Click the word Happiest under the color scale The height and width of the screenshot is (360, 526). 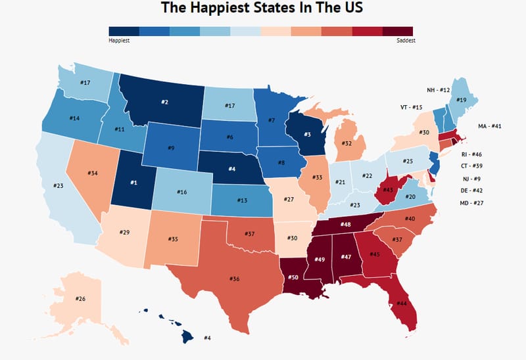click(x=119, y=40)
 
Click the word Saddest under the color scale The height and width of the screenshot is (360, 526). click(x=406, y=40)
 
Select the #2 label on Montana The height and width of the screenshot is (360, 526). click(x=164, y=102)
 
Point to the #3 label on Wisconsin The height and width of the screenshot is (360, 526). click(x=306, y=135)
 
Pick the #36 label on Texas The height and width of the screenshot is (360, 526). click(x=235, y=279)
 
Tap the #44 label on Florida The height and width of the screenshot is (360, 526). click(x=401, y=304)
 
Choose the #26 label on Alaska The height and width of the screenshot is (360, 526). click(x=80, y=299)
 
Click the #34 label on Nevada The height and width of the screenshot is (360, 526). click(x=93, y=174)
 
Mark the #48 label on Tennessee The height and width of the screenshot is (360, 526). click(x=345, y=225)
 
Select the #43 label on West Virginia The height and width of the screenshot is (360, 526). click(x=389, y=190)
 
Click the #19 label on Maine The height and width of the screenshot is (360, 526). click(x=462, y=100)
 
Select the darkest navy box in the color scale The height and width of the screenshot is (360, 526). click(x=124, y=31)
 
